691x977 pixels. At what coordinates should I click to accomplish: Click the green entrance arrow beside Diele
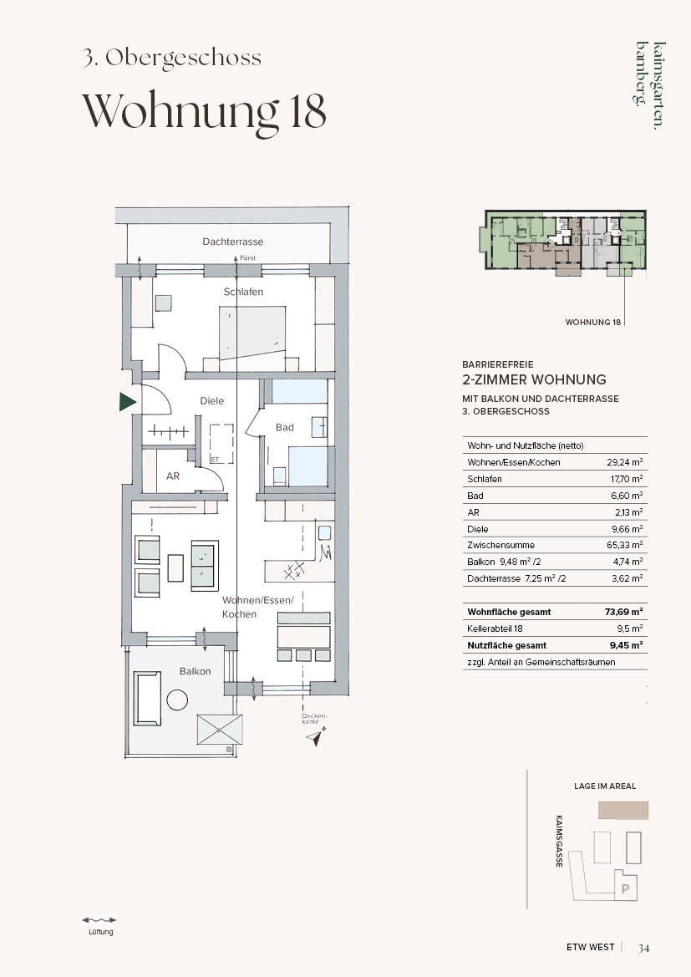[x=127, y=402]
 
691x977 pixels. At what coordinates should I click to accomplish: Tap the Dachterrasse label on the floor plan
[x=232, y=242]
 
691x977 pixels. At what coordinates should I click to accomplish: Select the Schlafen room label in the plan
[x=244, y=293]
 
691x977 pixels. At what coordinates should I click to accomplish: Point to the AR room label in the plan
[x=173, y=476]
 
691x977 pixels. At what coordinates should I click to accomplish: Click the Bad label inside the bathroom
[x=285, y=427]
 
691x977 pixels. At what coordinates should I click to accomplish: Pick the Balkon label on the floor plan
[x=195, y=672]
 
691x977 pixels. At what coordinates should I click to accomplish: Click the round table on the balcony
[x=178, y=700]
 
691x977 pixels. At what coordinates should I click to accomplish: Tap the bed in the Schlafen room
[x=252, y=333]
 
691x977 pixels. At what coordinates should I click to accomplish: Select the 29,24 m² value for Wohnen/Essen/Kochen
[x=625, y=462]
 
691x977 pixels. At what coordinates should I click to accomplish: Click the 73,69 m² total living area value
[x=623, y=612]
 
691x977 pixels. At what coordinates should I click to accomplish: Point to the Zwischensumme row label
[x=501, y=545]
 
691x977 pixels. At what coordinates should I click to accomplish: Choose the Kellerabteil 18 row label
[x=495, y=628]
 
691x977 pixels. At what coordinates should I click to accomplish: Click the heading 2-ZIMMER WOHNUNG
[x=534, y=379]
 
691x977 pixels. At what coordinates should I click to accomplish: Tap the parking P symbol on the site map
[x=626, y=889]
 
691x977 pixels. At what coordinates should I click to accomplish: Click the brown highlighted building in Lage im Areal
[x=623, y=810]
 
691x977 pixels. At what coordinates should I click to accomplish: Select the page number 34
[x=643, y=948]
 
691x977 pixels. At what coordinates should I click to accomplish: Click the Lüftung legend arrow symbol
[x=99, y=919]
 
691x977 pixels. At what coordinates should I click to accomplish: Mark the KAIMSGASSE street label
[x=560, y=841]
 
